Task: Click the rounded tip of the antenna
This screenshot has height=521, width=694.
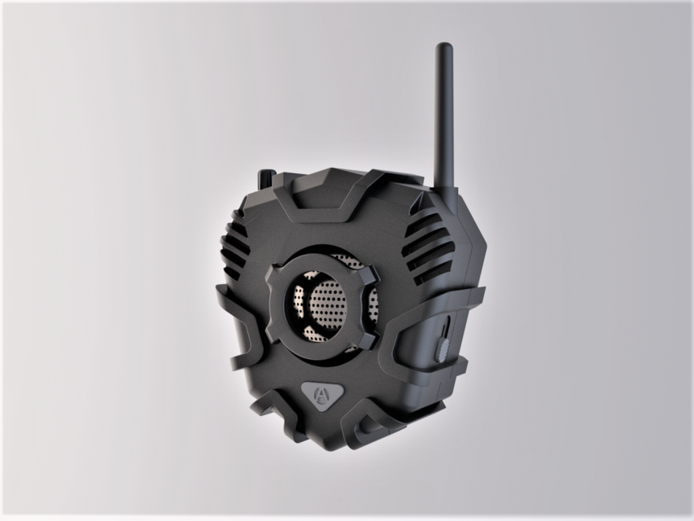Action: point(444,48)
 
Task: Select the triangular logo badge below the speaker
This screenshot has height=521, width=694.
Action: point(324,395)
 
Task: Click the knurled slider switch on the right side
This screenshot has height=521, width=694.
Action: point(443,348)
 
